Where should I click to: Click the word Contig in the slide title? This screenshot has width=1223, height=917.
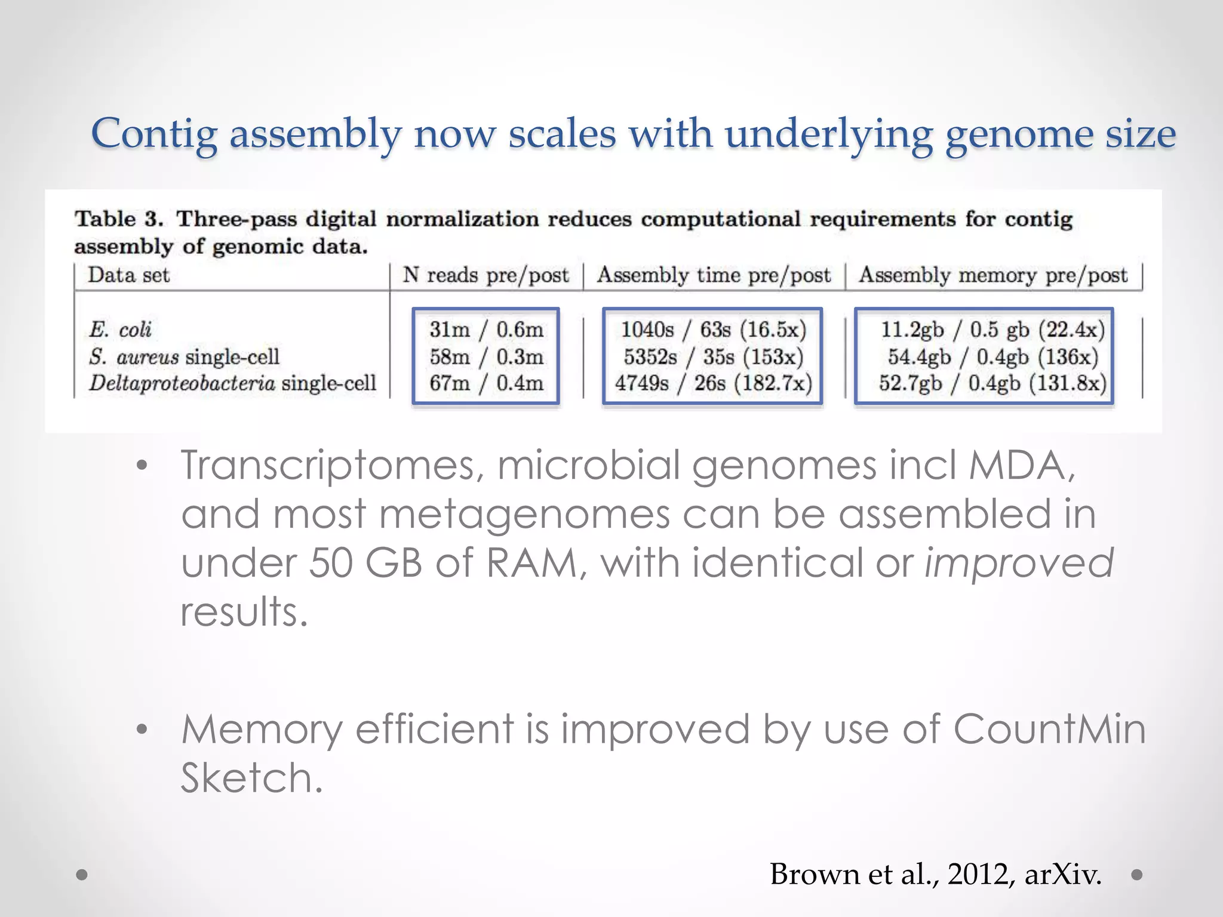click(x=154, y=134)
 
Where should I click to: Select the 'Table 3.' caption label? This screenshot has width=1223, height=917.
click(x=118, y=219)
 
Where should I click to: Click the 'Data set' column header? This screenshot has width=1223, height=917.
click(x=129, y=275)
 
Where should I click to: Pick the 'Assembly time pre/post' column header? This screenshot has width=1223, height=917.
click(x=714, y=275)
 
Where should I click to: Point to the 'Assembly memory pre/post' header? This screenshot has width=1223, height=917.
click(x=993, y=275)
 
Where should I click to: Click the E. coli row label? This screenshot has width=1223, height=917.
click(x=121, y=330)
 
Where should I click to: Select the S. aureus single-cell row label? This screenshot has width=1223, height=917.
click(x=184, y=357)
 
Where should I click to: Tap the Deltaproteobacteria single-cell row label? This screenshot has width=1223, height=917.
click(x=233, y=383)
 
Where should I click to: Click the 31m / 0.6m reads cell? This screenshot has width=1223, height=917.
click(x=486, y=330)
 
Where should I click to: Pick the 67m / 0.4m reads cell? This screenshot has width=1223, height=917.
click(x=486, y=383)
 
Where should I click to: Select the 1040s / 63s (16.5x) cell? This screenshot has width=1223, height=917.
click(x=714, y=330)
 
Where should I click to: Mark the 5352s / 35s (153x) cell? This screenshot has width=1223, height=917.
click(x=714, y=357)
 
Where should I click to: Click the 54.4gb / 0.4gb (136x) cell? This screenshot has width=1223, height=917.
click(x=992, y=357)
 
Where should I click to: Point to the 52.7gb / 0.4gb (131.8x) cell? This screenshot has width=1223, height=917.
click(x=992, y=383)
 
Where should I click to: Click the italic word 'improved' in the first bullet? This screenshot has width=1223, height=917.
click(x=1019, y=564)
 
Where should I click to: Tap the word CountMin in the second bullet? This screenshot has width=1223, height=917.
click(x=1049, y=730)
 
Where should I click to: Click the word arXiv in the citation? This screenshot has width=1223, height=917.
click(x=1063, y=875)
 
